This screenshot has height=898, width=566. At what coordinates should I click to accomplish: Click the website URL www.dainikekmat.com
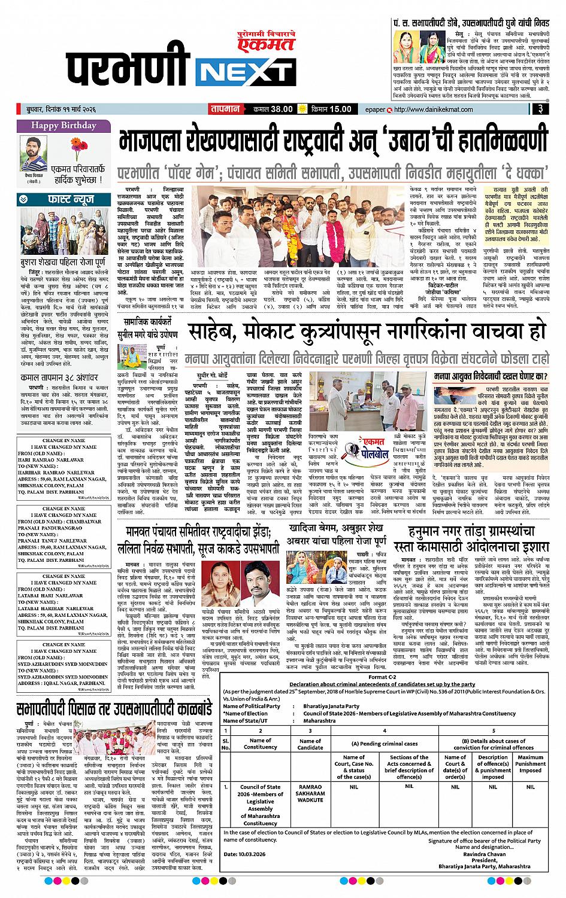[431, 109]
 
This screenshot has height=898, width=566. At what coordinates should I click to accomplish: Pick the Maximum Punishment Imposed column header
[530, 763]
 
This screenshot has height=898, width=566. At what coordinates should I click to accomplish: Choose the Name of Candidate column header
[310, 743]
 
